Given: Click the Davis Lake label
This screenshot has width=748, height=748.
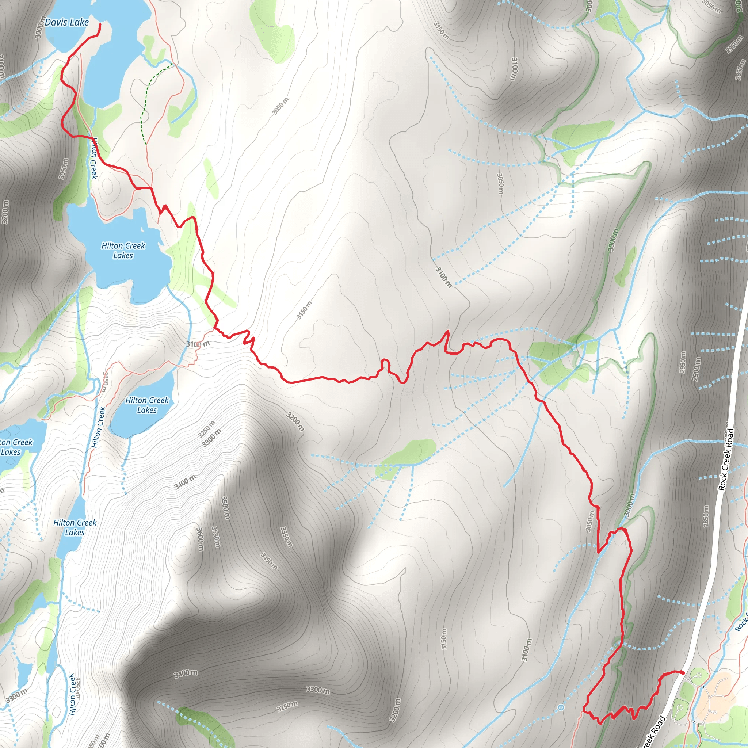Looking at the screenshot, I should pos(66,22).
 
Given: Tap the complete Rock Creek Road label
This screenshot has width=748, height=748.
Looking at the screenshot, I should pos(726,459).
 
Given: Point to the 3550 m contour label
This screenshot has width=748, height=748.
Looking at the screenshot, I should pos(215,537).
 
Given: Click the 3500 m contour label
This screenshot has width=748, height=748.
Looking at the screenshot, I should pos(225,508).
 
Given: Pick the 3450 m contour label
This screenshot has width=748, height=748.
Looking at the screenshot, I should pos(269,561).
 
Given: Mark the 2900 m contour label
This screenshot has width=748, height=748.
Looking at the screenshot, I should pos(697,369).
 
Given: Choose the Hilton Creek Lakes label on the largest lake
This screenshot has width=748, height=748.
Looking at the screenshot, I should pos(123,251).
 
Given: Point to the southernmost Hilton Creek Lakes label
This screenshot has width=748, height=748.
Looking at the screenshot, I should pos(75,527).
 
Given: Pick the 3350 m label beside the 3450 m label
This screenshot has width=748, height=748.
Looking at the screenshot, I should pos(286,537).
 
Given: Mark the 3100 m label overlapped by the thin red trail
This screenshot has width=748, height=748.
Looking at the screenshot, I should pos(198,344).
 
